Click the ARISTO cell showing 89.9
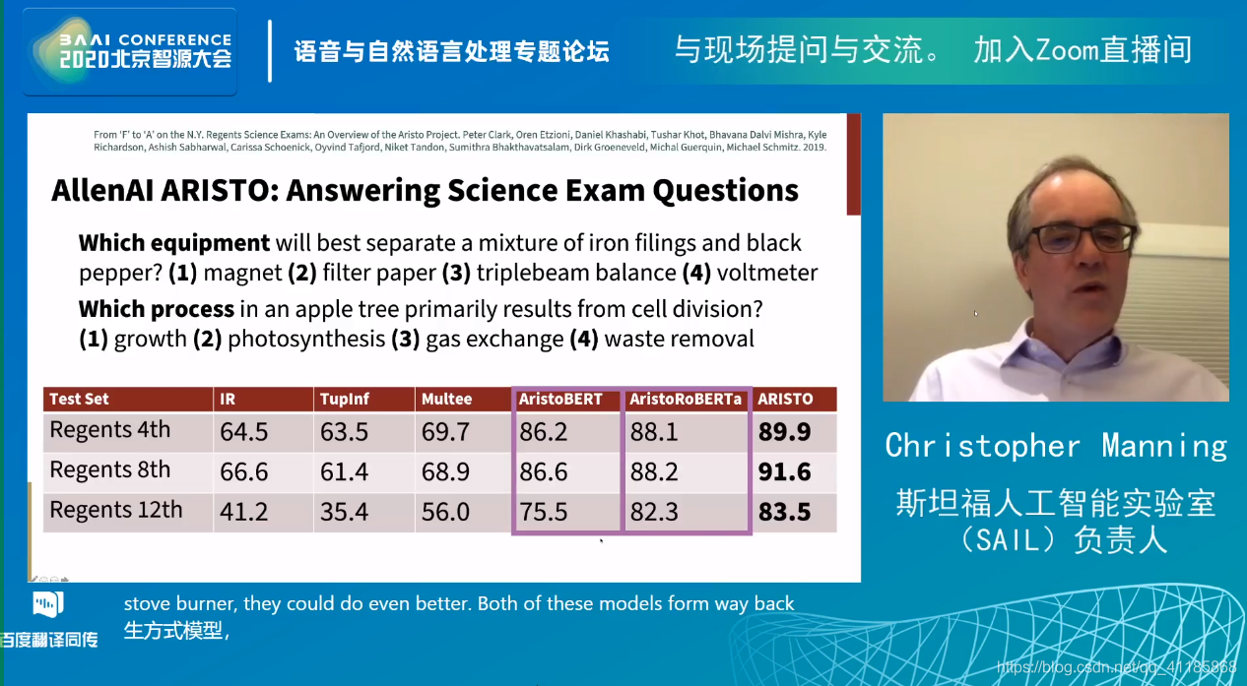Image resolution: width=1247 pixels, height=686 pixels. pyautogui.click(x=784, y=432)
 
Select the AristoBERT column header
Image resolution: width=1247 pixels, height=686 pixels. pyautogui.click(x=560, y=399)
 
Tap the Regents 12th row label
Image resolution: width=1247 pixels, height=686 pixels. pyautogui.click(x=116, y=510)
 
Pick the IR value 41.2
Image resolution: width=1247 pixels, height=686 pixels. pyautogui.click(x=244, y=511)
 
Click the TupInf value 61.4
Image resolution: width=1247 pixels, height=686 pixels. pyautogui.click(x=344, y=471)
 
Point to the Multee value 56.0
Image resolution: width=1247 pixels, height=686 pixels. pyautogui.click(x=445, y=511)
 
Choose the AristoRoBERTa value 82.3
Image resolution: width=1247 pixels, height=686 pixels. pyautogui.click(x=654, y=511)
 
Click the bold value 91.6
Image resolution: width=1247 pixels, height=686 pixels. pyautogui.click(x=784, y=471)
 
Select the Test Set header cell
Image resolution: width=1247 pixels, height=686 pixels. pyautogui.click(x=79, y=399)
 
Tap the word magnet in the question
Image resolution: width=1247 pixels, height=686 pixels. pyautogui.click(x=242, y=273)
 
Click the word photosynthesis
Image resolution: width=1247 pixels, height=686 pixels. pyautogui.click(x=306, y=339)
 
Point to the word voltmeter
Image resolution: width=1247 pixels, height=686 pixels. pyautogui.click(x=767, y=273)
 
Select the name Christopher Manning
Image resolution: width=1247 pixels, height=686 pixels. pyautogui.click(x=1056, y=446)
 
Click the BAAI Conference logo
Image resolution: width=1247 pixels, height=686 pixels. pyautogui.click(x=130, y=51)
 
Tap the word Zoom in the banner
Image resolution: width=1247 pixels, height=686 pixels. pyautogui.click(x=1067, y=50)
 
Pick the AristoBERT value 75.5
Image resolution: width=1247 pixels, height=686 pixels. pyautogui.click(x=544, y=511)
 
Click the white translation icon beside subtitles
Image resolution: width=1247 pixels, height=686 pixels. pyautogui.click(x=48, y=604)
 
